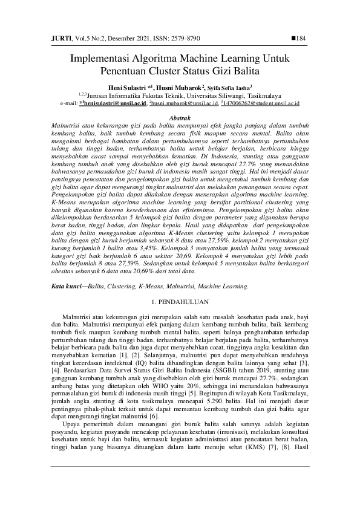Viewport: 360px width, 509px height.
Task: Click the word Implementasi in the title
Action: pos(99,59)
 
